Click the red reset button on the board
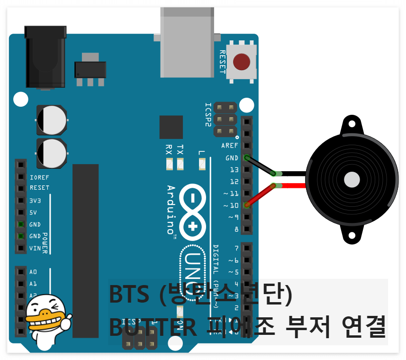point(242,62)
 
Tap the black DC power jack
point(45,57)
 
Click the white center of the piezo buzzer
point(352,180)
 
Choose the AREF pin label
point(230,146)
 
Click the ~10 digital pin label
point(232,205)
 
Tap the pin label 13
point(234,169)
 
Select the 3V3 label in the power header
point(36,201)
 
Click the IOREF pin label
point(39,177)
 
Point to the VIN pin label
point(35,248)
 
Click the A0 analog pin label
point(33,272)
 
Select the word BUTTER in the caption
point(153,327)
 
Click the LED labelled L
point(202,164)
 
